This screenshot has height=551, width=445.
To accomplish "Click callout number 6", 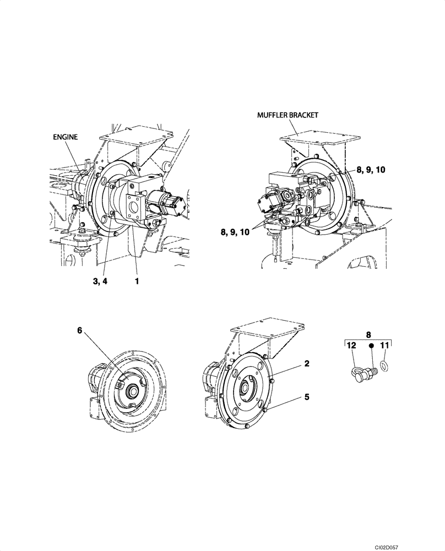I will point(80,331).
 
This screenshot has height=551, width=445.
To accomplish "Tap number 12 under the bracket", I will point(350,345).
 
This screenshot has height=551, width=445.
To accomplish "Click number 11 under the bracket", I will point(384,345).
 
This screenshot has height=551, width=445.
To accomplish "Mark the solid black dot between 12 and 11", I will point(371,346).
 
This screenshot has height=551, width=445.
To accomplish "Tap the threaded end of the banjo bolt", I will point(373,371).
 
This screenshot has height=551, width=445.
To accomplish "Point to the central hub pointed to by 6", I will point(133,392).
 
